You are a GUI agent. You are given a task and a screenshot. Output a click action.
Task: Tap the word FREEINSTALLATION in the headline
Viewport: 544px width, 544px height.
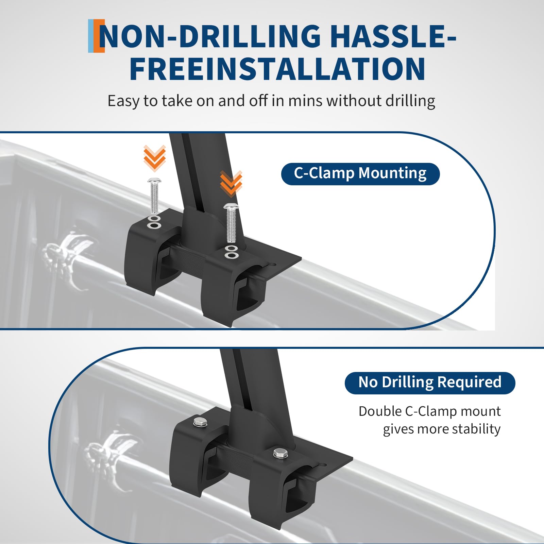pos(277,69)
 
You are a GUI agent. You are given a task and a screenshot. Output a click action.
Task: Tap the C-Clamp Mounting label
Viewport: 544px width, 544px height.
pos(360,174)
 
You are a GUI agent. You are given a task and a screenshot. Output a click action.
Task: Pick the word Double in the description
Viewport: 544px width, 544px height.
pos(380,411)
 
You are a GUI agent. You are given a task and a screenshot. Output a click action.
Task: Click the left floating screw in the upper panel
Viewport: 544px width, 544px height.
pos(154,195)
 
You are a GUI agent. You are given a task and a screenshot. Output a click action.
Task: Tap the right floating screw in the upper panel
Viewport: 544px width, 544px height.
pos(231,223)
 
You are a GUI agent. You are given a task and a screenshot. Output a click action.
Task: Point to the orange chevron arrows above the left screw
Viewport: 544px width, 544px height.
pos(155,158)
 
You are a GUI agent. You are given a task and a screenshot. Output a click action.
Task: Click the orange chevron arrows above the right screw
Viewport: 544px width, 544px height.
pos(231,184)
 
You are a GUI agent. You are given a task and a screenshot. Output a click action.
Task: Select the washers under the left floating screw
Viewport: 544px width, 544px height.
pos(154,222)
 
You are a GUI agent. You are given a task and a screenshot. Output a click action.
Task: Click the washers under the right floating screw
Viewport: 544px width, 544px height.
pos(231,252)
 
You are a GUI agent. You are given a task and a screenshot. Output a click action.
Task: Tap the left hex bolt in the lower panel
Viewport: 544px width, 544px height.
pos(199,422)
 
